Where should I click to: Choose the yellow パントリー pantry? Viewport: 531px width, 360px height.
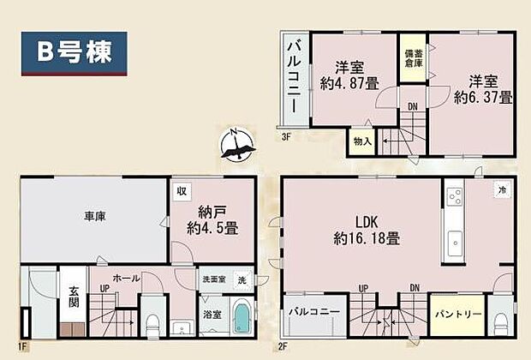point(455,316)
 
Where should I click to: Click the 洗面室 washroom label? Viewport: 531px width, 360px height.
point(212,279)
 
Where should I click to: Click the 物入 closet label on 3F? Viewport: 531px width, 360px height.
point(362,141)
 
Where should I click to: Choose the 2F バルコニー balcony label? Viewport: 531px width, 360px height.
point(313,311)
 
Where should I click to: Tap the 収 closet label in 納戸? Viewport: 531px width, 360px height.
point(181,190)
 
